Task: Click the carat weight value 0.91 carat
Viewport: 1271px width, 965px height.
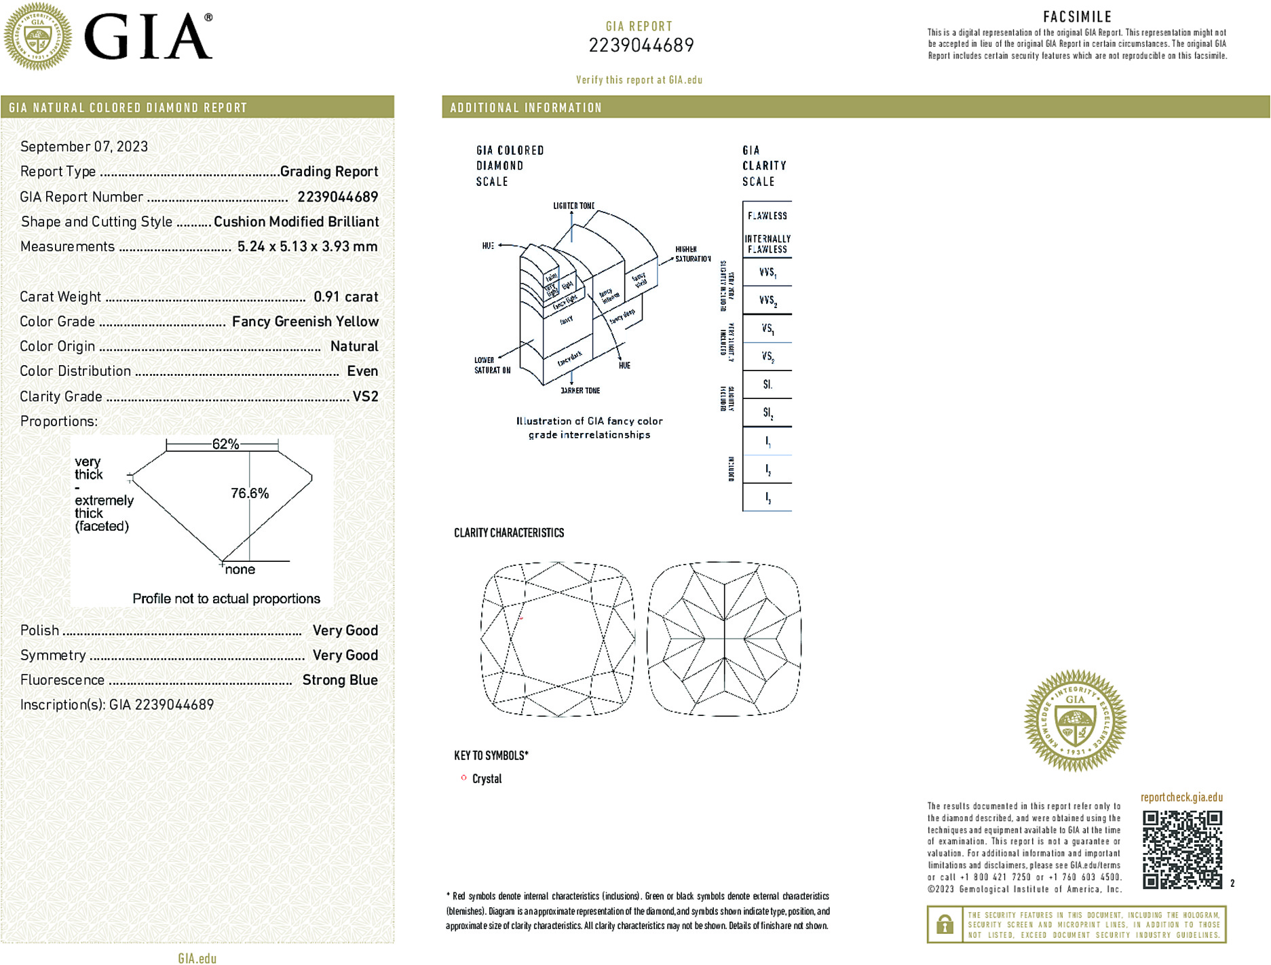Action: click(345, 297)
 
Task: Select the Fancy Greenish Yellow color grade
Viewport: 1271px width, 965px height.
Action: click(305, 322)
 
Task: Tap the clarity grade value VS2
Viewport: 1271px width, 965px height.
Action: click(365, 396)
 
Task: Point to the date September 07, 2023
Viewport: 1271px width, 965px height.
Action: click(84, 147)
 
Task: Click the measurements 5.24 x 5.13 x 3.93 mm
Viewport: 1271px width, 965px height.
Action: click(307, 246)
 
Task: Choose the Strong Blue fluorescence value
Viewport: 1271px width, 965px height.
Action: click(339, 680)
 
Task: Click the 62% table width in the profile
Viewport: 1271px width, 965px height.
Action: click(225, 444)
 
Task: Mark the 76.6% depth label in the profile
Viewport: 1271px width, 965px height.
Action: click(250, 493)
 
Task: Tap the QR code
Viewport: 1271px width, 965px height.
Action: click(1181, 849)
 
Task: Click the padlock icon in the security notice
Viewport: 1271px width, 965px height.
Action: click(945, 924)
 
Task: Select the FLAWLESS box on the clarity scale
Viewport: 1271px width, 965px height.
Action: click(767, 216)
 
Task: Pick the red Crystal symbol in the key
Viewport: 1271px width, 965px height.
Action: click(464, 778)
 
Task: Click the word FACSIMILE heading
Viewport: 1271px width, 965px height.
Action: click(1077, 17)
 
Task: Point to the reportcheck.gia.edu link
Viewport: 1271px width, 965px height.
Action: click(1181, 797)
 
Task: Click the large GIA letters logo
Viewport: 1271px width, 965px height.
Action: click(148, 37)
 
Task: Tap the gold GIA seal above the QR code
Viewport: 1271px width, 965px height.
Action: click(1075, 721)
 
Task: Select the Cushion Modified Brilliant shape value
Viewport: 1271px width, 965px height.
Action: click(296, 222)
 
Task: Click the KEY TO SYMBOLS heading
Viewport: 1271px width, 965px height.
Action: click(491, 755)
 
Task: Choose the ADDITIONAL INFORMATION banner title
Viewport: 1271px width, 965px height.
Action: click(526, 108)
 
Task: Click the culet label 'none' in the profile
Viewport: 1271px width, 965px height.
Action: click(240, 570)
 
